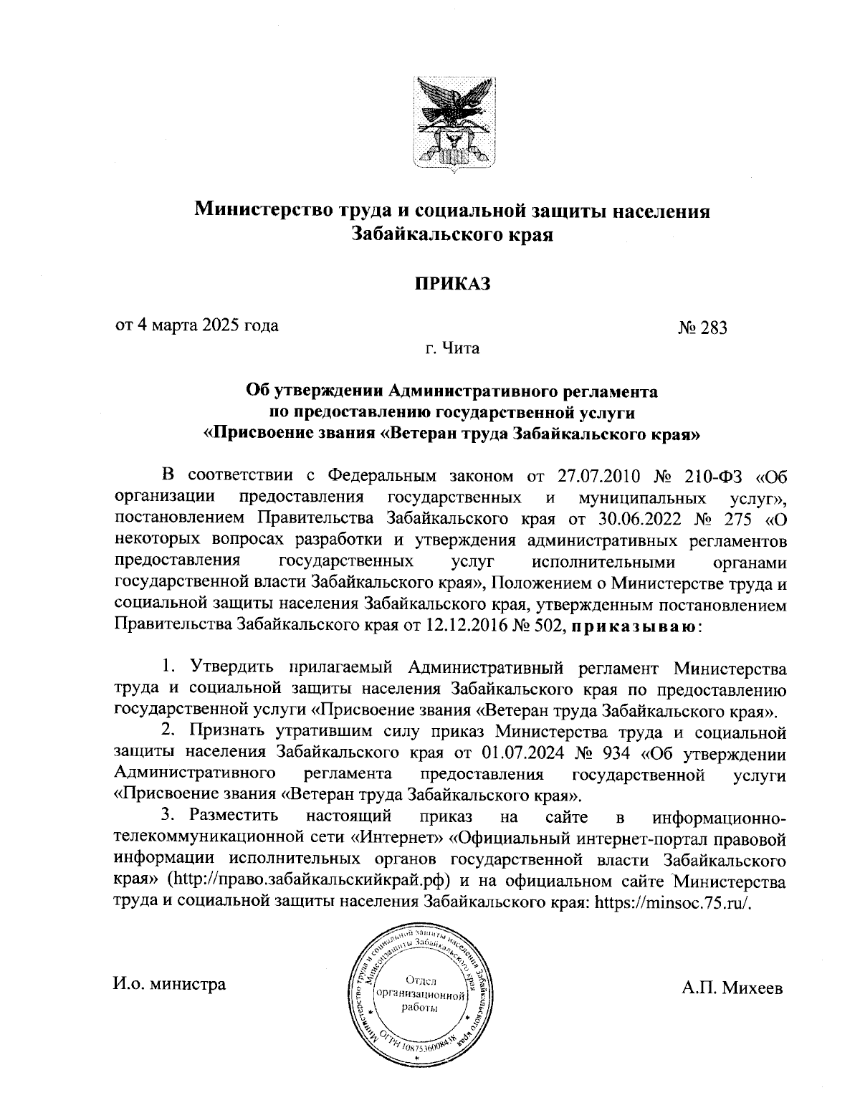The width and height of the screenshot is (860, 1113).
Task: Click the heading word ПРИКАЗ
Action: (x=452, y=284)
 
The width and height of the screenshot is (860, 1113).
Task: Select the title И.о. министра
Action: (x=169, y=984)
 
